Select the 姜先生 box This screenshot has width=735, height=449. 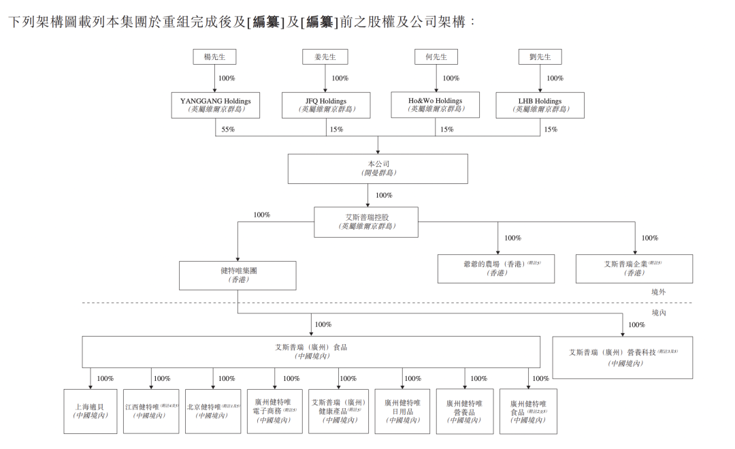325,57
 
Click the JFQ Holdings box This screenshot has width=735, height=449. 326,105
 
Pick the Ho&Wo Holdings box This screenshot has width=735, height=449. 435,105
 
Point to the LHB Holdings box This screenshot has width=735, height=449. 540,105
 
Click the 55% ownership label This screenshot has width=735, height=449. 228,129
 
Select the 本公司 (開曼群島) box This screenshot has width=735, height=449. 378,168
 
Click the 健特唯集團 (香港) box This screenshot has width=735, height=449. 238,275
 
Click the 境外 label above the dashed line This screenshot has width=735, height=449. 658,291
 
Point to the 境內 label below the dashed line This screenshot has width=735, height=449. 659,313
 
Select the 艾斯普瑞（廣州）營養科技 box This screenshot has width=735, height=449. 623,357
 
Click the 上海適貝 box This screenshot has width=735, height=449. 91,411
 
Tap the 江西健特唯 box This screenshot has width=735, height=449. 151,411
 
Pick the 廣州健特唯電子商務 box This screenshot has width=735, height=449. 275,411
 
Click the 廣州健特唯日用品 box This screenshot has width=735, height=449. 402,411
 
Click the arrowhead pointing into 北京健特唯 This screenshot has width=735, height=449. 213,386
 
